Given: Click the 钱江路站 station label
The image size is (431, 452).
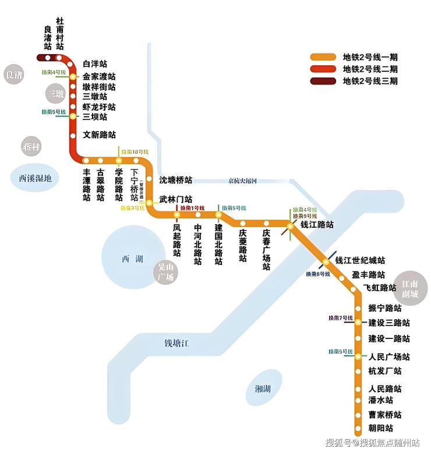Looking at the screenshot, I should [317, 225].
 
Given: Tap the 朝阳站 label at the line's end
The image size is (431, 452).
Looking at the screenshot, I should [381, 429].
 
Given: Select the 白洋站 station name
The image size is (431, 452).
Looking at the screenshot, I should [95, 63].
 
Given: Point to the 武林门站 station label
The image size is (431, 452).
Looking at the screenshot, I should [176, 199].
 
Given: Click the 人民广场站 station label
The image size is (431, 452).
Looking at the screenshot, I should [389, 357].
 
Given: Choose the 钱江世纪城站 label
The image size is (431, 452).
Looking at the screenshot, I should [361, 260].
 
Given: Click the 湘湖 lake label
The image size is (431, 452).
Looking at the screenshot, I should [264, 389].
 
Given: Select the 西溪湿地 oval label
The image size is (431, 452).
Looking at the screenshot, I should [36, 178].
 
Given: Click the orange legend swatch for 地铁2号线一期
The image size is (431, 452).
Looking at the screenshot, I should [323, 57].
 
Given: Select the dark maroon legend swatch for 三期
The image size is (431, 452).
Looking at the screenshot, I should [323, 81].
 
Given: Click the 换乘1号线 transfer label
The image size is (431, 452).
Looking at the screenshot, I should [192, 208].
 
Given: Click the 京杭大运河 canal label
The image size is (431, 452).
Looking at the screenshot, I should [243, 181].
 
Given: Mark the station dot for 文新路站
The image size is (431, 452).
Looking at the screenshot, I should [73, 136].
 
